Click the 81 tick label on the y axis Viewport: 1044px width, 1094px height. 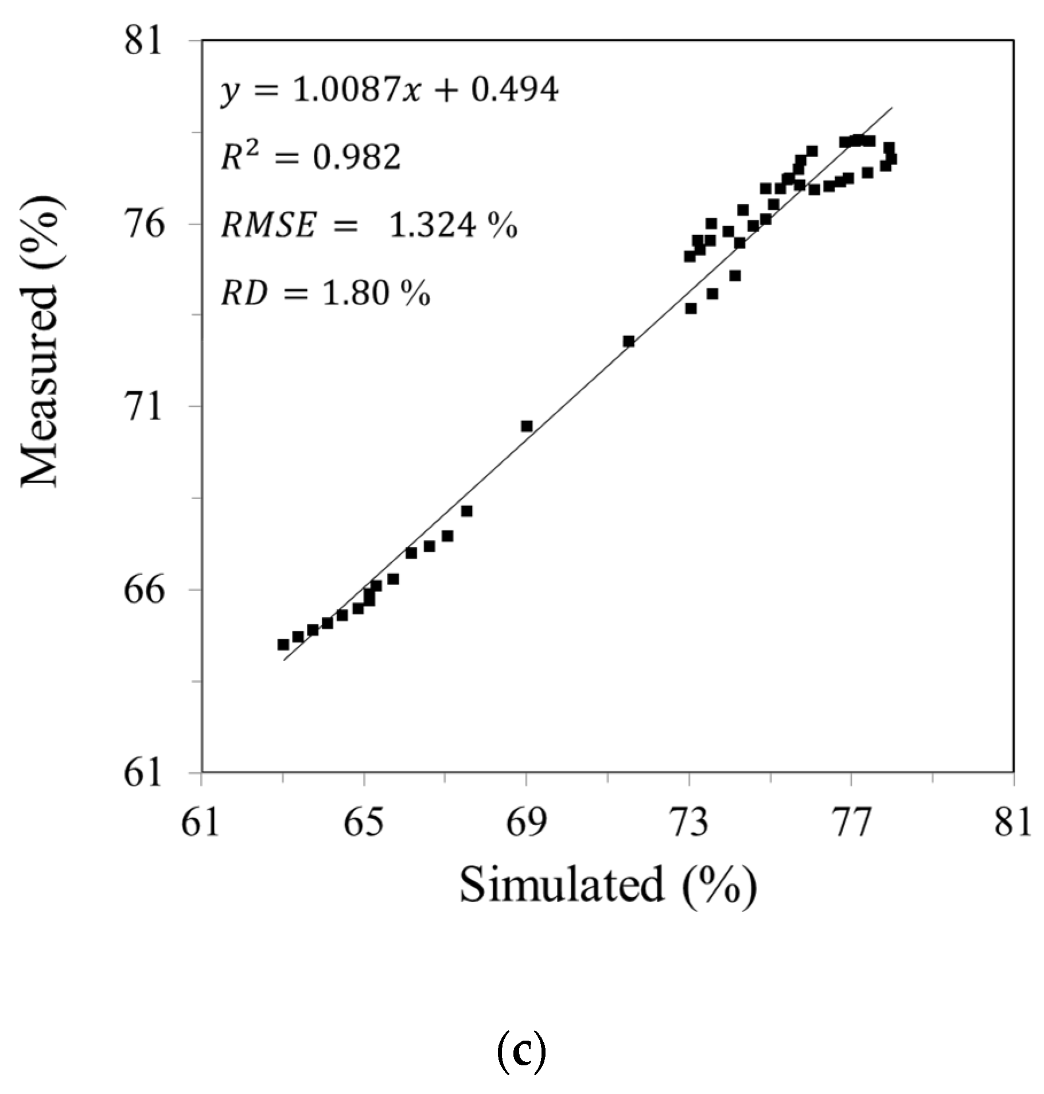coord(143,41)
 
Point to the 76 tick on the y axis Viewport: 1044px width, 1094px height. coord(143,224)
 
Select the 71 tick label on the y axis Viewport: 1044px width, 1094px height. coord(143,407)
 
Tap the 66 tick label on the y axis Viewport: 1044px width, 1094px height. coord(143,589)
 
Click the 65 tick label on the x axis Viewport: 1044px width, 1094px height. coord(364,824)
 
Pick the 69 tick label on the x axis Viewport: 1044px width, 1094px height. coord(526,824)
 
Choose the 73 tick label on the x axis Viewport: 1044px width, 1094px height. coord(689,824)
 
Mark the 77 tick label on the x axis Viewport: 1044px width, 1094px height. coord(852,824)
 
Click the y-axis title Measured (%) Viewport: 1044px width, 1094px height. coord(40,341)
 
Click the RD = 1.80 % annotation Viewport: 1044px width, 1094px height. coord(325,294)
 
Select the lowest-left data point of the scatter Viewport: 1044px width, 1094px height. coord(283,645)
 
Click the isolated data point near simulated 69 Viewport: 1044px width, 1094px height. coord(527,426)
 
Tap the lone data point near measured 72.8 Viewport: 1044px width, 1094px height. coord(629,341)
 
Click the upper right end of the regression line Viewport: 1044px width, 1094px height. coord(892,108)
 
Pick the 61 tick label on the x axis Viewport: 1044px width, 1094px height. coord(201,824)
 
